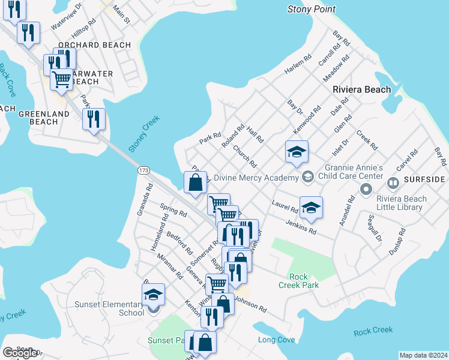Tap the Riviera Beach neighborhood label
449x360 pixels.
pyautogui.click(x=361, y=89)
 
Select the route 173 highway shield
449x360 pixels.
pyautogui.click(x=143, y=171)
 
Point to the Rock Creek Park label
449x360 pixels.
pyautogui.click(x=298, y=281)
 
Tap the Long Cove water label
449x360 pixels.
pyautogui.click(x=276, y=340)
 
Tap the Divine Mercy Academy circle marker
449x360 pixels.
pyautogui.click(x=308, y=176)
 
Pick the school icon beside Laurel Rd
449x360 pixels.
pyautogui.click(x=311, y=208)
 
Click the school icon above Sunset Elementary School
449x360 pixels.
pyautogui.click(x=153, y=295)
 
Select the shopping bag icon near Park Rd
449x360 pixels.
pyautogui.click(x=196, y=183)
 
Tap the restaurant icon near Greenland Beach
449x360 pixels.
pyautogui.click(x=94, y=119)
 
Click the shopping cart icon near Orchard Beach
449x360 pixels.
pyautogui.click(x=61, y=79)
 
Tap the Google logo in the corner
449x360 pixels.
pyautogui.click(x=20, y=353)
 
